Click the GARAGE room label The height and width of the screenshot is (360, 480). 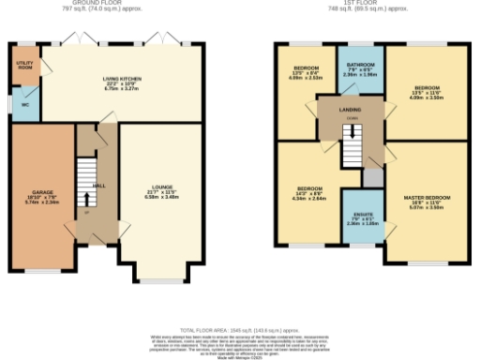41,192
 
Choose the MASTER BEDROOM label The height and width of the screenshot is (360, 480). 427,197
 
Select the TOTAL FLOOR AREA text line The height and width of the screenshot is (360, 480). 239,332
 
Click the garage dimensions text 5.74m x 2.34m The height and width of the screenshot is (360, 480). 41,202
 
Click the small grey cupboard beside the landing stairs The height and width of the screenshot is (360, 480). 373,176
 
